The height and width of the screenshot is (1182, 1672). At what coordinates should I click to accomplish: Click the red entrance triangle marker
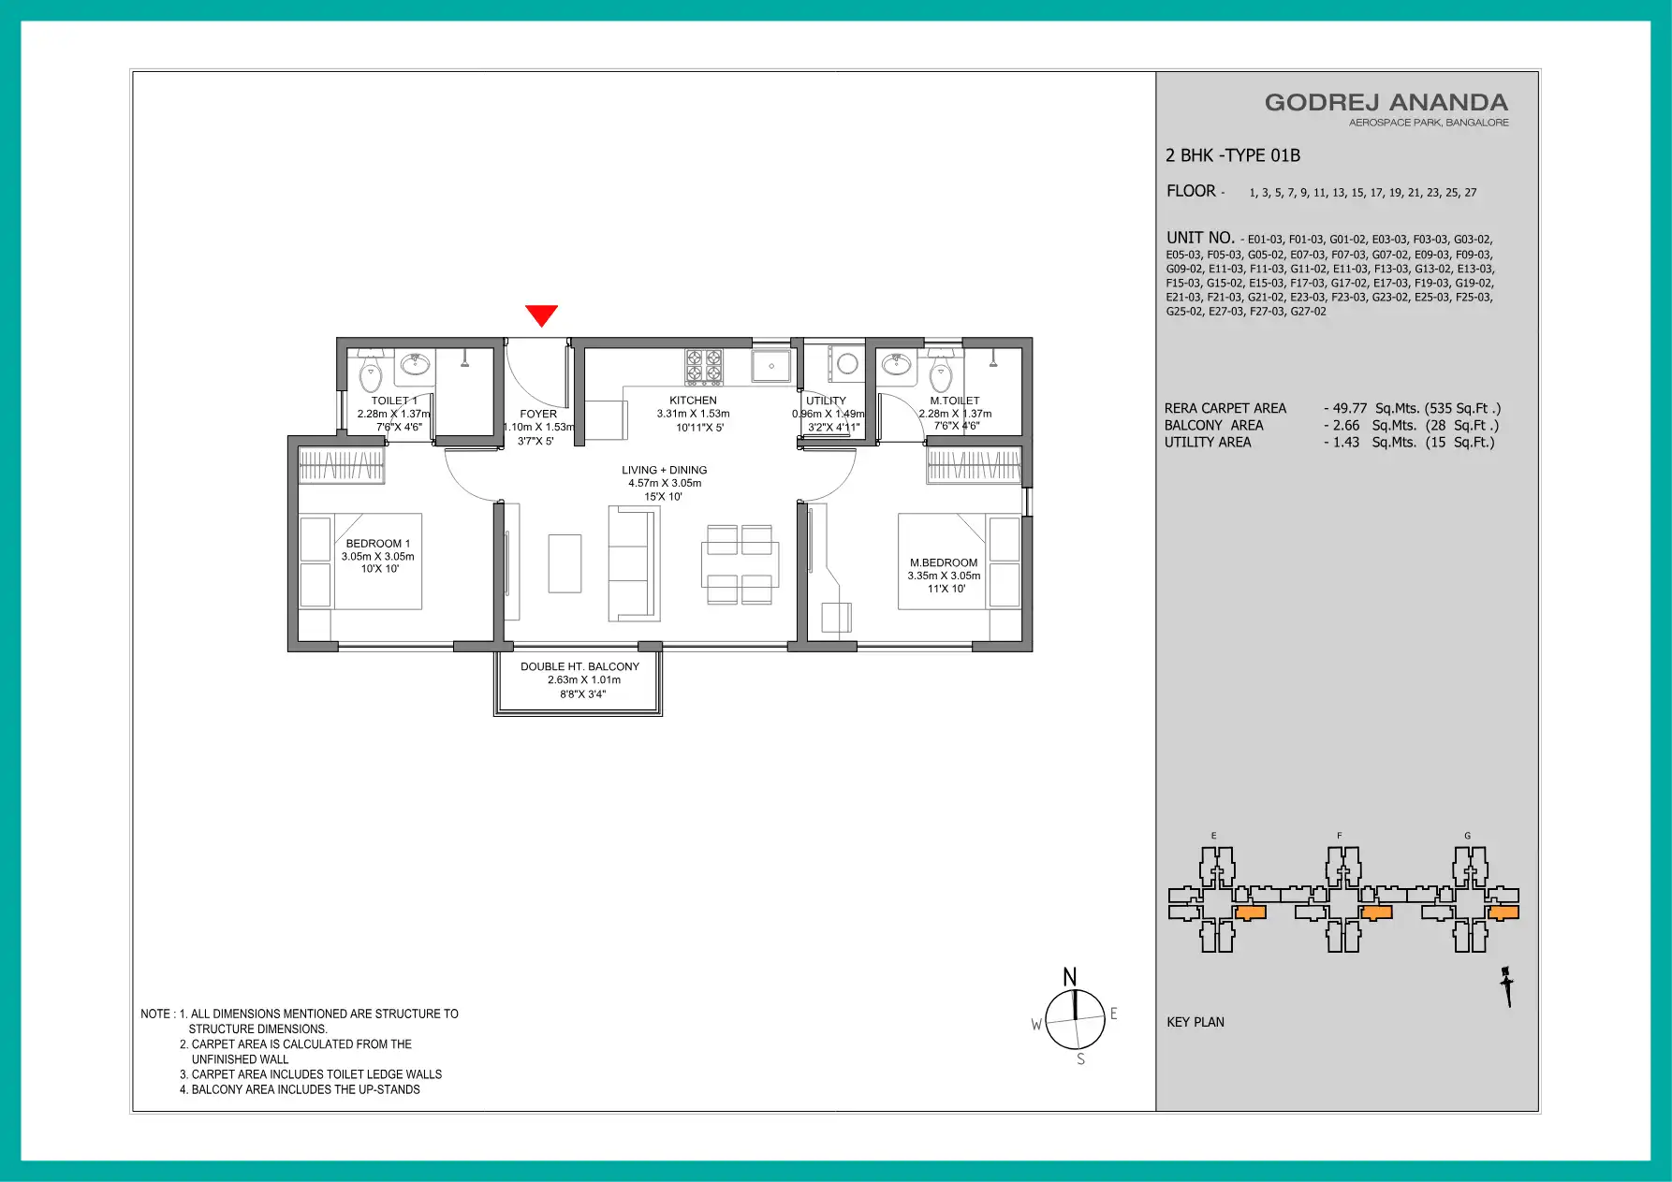pos(541,315)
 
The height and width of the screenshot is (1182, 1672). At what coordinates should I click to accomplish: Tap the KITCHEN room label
pos(693,401)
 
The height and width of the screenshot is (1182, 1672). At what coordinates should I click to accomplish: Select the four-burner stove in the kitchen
pos(704,367)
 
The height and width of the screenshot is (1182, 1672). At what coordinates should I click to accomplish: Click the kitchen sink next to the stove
pos(771,366)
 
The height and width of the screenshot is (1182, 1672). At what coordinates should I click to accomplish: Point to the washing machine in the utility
pos(847,364)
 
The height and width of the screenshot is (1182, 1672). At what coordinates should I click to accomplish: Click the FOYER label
pos(538,414)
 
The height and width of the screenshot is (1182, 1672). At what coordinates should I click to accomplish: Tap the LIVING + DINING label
pos(665,470)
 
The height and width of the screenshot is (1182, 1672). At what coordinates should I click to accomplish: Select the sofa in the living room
pos(634,563)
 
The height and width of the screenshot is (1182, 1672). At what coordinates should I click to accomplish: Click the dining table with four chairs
pos(740,564)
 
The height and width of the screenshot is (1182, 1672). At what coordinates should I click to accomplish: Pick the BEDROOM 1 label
pos(378,544)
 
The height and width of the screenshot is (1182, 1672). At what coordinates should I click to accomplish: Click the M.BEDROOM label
pos(944,563)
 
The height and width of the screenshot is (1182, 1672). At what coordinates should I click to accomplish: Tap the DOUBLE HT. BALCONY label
pos(580,666)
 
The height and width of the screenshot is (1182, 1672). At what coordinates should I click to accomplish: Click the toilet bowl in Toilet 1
pos(372,373)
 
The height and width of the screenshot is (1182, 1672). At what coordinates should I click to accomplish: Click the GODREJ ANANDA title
pos(1386,103)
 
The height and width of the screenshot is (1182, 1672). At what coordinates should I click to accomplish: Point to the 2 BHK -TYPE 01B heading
pos(1233,155)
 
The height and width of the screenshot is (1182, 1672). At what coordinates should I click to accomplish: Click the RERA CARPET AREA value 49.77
pos(1350,408)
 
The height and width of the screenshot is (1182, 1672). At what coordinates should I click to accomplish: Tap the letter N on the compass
pos(1070,977)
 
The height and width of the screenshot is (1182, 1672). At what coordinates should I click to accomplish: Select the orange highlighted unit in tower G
pos(1503,912)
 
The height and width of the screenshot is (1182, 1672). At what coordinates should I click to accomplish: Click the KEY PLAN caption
pos(1195,1022)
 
